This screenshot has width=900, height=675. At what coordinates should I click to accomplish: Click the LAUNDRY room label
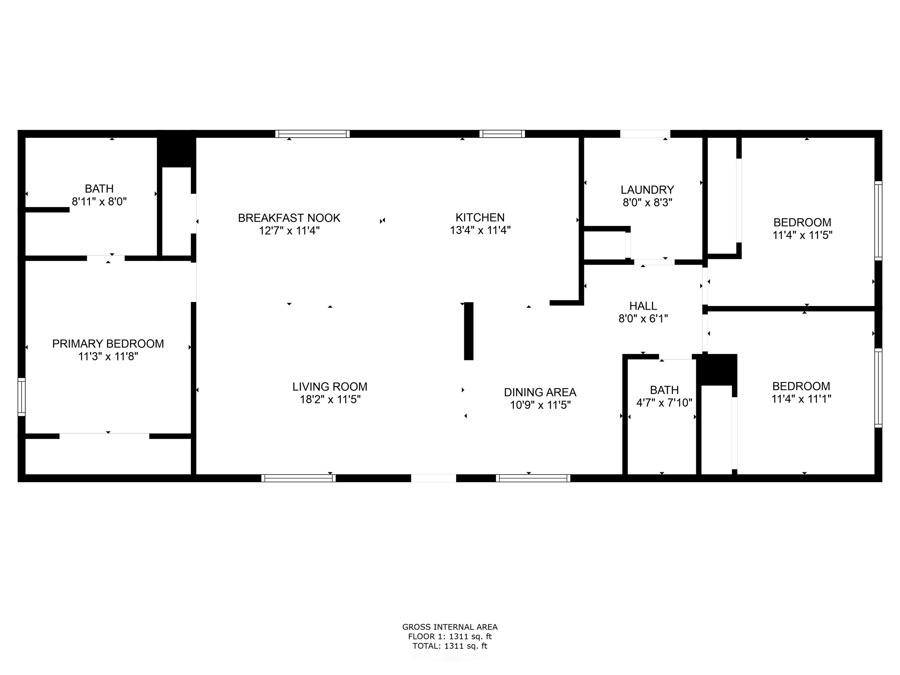[x=647, y=190]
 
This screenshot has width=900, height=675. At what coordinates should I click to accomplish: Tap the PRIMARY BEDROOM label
[x=108, y=344]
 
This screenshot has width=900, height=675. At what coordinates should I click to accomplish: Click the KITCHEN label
[x=480, y=217]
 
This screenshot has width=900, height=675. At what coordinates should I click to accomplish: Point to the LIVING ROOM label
[x=330, y=387]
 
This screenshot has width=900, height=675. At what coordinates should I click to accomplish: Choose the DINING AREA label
[x=540, y=392]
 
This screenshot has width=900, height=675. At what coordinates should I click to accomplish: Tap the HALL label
[x=643, y=306]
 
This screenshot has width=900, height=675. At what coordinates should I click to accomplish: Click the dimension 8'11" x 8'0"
[x=99, y=201]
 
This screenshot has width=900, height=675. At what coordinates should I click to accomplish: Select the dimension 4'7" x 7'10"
[x=665, y=403]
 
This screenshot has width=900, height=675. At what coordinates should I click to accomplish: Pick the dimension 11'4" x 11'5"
[x=802, y=235]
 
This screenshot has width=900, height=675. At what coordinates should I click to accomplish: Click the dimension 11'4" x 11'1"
[x=801, y=399]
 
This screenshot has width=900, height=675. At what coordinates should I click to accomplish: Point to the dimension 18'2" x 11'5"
[x=330, y=400]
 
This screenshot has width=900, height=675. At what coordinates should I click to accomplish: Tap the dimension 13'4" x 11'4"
[x=480, y=230]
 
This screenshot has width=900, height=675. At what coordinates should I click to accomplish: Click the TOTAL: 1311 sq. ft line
[x=450, y=646]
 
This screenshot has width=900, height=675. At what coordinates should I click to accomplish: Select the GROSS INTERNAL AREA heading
[x=450, y=627]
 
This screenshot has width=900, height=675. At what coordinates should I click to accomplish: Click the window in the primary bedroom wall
[x=22, y=397]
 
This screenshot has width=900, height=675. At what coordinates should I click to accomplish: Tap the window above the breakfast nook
[x=312, y=134]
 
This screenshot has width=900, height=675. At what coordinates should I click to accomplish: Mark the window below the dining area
[x=533, y=478]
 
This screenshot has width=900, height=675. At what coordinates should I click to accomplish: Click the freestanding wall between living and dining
[x=469, y=331]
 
